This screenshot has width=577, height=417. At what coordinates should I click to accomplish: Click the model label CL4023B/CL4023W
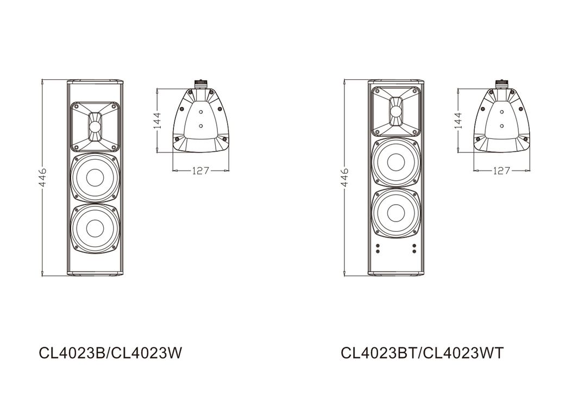pyautogui.click(x=110, y=353)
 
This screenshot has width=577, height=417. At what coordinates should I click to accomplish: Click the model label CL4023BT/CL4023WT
pyautogui.click(x=422, y=353)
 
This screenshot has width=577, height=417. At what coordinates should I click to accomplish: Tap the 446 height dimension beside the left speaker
pyautogui.click(x=43, y=177)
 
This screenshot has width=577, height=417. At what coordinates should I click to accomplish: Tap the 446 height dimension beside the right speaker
pyautogui.click(x=344, y=177)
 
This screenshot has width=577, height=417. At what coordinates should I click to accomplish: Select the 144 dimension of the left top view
pyautogui.click(x=158, y=120)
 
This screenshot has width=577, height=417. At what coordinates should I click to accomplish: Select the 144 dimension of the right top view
pyautogui.click(x=458, y=120)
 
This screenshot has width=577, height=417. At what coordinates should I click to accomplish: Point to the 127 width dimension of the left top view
pyautogui.click(x=200, y=170)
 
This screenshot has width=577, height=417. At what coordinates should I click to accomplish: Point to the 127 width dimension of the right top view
pyautogui.click(x=501, y=170)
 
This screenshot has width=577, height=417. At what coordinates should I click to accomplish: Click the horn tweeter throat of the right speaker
pyautogui.click(x=396, y=111)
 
